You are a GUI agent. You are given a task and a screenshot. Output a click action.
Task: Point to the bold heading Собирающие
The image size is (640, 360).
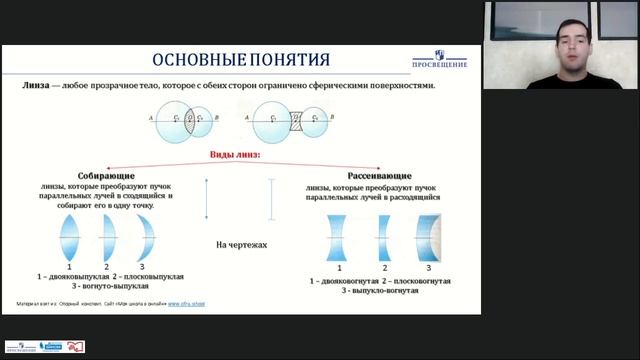pyautogui.click(x=100, y=175)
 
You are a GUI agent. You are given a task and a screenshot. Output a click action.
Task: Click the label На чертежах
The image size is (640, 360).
pyautogui.click(x=237, y=243)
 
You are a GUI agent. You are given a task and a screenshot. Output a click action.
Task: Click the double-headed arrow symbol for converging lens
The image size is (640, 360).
pyautogui.click(x=205, y=199)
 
